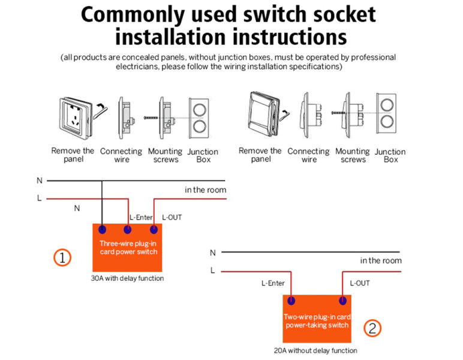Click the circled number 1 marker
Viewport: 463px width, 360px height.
[62, 258]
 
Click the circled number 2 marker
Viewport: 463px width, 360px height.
[372, 328]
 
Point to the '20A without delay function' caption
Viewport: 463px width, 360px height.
[315, 350]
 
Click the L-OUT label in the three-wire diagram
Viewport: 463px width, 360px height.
[172, 217]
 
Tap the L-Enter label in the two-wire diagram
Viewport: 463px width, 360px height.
[273, 283]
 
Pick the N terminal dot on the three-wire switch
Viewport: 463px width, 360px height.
[102, 229]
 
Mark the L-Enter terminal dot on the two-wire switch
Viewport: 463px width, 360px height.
[291, 301]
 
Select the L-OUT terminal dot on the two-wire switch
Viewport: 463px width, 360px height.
[342, 301]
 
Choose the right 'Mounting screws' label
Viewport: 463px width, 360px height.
[353, 155]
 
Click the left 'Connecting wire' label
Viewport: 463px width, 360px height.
[121, 155]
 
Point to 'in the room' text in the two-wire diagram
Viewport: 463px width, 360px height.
[381, 260]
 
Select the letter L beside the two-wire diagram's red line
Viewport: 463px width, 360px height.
[212, 271]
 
